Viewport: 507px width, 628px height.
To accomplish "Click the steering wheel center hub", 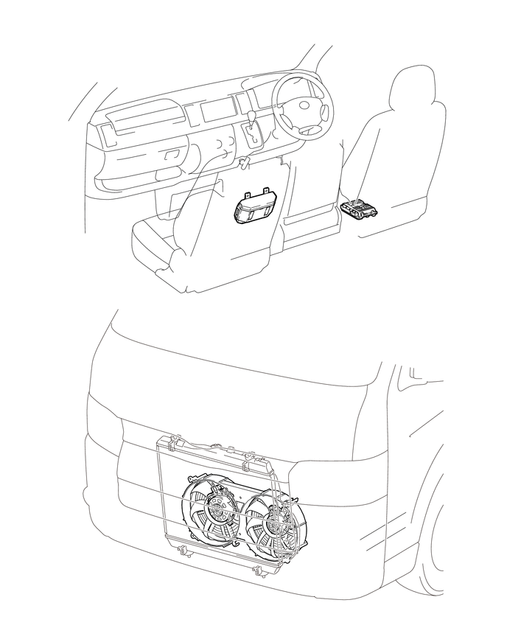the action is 304,109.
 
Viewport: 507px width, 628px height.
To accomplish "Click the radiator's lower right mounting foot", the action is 256,571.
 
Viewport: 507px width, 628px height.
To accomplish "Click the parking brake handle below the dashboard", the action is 246,161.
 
